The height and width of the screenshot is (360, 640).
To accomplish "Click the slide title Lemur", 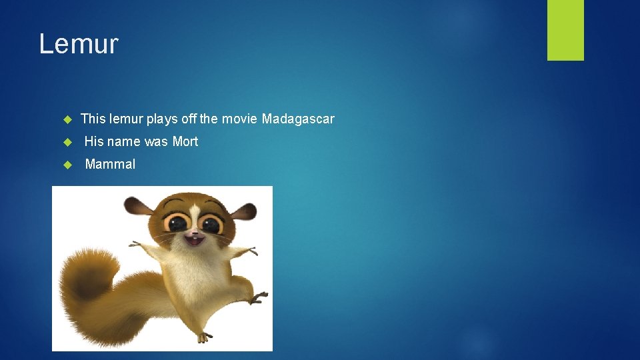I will click(x=79, y=44).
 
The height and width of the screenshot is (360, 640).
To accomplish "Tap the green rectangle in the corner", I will click(x=565, y=30).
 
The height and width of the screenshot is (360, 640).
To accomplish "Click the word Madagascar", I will click(x=298, y=119).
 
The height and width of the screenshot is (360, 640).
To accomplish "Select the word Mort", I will click(x=185, y=141).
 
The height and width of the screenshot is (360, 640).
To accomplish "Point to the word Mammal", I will click(x=110, y=164).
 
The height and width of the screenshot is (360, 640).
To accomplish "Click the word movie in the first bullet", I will click(x=239, y=119).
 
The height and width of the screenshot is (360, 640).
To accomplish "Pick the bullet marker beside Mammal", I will click(x=67, y=164).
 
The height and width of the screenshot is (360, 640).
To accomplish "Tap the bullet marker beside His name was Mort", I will click(x=67, y=141).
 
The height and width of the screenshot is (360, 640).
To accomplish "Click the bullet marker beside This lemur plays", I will click(x=67, y=119).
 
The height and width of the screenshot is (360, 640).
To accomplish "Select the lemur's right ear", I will click(x=244, y=213).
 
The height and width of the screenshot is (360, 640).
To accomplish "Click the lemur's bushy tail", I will click(x=93, y=293).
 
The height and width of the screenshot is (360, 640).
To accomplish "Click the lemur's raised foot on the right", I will click(x=257, y=297).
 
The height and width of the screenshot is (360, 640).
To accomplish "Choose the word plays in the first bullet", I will click(x=162, y=119).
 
